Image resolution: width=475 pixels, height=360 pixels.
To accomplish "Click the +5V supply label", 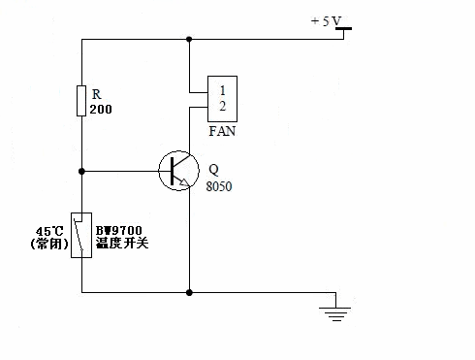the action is [326, 21].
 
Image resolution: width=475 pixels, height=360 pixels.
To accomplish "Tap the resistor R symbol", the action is [81, 101].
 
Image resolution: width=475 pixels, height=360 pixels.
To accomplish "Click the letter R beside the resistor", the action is [97, 94].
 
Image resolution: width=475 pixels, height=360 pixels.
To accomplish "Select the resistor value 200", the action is [101, 110].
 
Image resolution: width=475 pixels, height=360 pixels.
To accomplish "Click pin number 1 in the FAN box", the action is [222, 90].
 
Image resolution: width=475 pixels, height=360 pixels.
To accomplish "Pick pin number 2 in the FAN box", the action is [222, 106].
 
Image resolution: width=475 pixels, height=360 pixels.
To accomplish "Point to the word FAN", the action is [222, 131].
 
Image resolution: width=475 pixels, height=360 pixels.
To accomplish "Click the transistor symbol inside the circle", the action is [178, 171].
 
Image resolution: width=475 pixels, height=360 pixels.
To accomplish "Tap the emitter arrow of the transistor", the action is [184, 182].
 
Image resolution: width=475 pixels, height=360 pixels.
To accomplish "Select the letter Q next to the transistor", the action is [214, 169].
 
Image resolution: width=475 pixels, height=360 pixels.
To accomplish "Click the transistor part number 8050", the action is [219, 186].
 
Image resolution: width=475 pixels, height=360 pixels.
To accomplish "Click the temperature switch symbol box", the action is [81, 235].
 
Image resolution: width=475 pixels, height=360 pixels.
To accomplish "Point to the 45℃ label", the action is [49, 231].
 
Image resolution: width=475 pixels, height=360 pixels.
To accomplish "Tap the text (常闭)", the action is [49, 244].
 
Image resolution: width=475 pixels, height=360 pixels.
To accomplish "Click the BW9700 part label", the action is [119, 230].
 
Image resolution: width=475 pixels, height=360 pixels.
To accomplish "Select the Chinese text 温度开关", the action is [122, 243].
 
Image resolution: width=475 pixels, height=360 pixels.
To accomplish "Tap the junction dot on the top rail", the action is [189, 39].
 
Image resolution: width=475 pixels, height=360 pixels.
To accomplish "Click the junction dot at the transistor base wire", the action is [81, 171].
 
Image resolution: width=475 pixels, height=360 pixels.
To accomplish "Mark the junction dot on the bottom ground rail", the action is [189, 293].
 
